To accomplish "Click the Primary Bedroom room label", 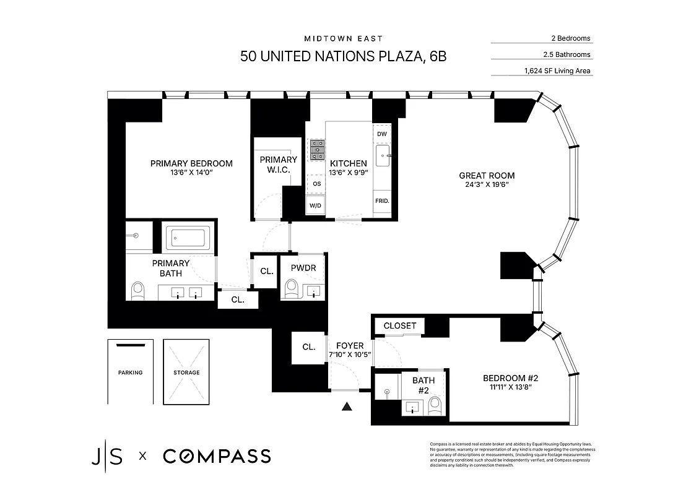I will [191, 163].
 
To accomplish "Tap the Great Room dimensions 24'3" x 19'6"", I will [487, 185].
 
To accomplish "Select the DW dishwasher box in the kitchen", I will [381, 134].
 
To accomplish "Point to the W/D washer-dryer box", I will [315, 205].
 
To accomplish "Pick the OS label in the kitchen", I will [316, 184].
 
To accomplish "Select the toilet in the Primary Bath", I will [137, 291].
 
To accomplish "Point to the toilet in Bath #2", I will [435, 405].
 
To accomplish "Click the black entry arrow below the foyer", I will [347, 407].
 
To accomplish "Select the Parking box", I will [130, 372].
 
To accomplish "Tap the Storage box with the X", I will [186, 372].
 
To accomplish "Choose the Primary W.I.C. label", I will [278, 164].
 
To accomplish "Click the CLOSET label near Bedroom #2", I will [400, 326].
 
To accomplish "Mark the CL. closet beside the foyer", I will [308, 347].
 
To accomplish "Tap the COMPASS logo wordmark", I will [217, 457].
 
